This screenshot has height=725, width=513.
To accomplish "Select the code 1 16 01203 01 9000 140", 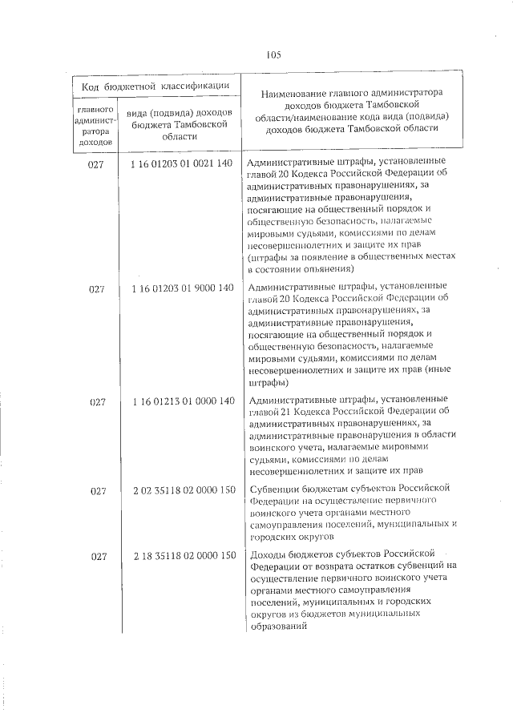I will pyautogui.click(x=180, y=288).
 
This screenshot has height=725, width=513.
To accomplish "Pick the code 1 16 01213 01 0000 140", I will pyautogui.click(x=180, y=401).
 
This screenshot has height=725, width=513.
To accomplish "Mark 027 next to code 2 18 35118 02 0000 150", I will pyautogui.click(x=97, y=556).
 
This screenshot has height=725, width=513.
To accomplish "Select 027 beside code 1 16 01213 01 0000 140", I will pyautogui.click(x=97, y=401).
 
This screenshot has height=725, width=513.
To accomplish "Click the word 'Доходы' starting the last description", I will pyautogui.click(x=269, y=554).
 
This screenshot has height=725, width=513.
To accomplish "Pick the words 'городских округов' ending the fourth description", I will pyautogui.click(x=290, y=536).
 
